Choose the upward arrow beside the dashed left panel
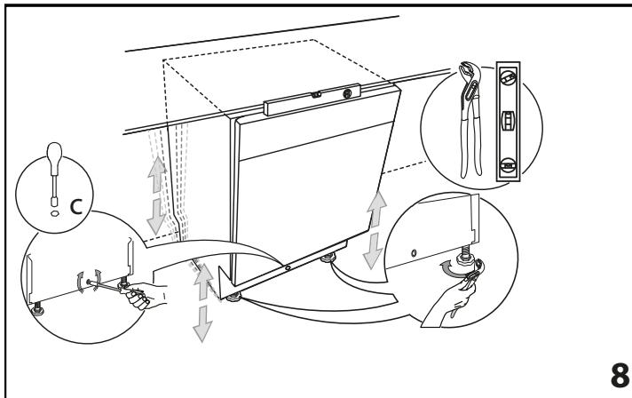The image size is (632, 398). (x=156, y=175)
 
